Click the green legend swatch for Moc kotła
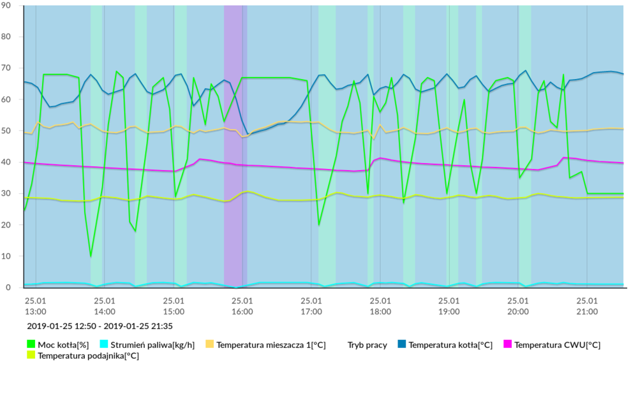31,345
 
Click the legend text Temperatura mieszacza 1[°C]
271,345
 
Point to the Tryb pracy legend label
367,345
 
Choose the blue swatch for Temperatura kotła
401,345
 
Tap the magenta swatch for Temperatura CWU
507,345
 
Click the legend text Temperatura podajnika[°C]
88,356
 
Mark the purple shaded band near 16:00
234,147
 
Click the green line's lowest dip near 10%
91,256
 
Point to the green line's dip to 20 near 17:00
319,225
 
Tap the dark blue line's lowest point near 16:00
248,134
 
